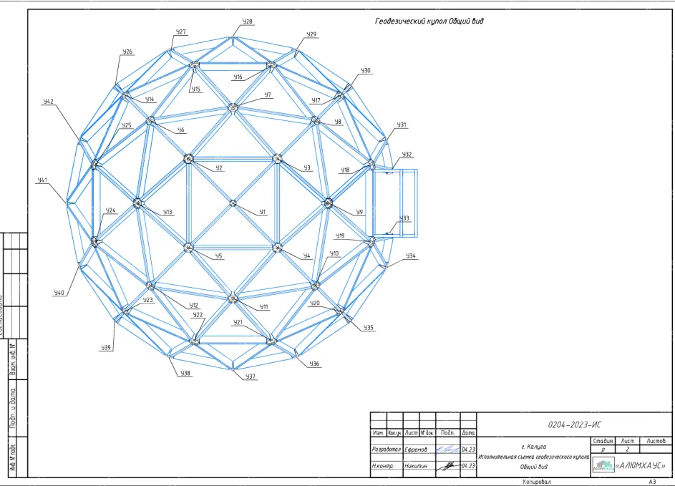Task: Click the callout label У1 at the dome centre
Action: pos(263,212)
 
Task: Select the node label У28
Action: pos(247,22)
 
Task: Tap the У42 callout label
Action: pos(48,102)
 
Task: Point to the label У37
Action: pos(250,376)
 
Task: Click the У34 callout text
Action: pos(411,256)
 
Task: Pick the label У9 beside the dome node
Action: pos(359,212)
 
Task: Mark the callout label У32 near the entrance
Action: pos(407,155)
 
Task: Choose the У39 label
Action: pos(106,347)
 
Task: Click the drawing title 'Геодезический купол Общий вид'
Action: pos(429,21)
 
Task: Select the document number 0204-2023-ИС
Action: pos(570,424)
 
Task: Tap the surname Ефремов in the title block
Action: pos(416,449)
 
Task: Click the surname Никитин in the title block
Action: pos(416,466)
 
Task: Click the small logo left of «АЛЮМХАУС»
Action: pos(603,465)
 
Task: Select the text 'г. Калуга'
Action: pos(534,447)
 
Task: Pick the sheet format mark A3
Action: pos(652,482)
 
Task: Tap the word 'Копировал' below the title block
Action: pos(537,482)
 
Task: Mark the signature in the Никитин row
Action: pos(448,465)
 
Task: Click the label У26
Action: pos(127,52)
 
